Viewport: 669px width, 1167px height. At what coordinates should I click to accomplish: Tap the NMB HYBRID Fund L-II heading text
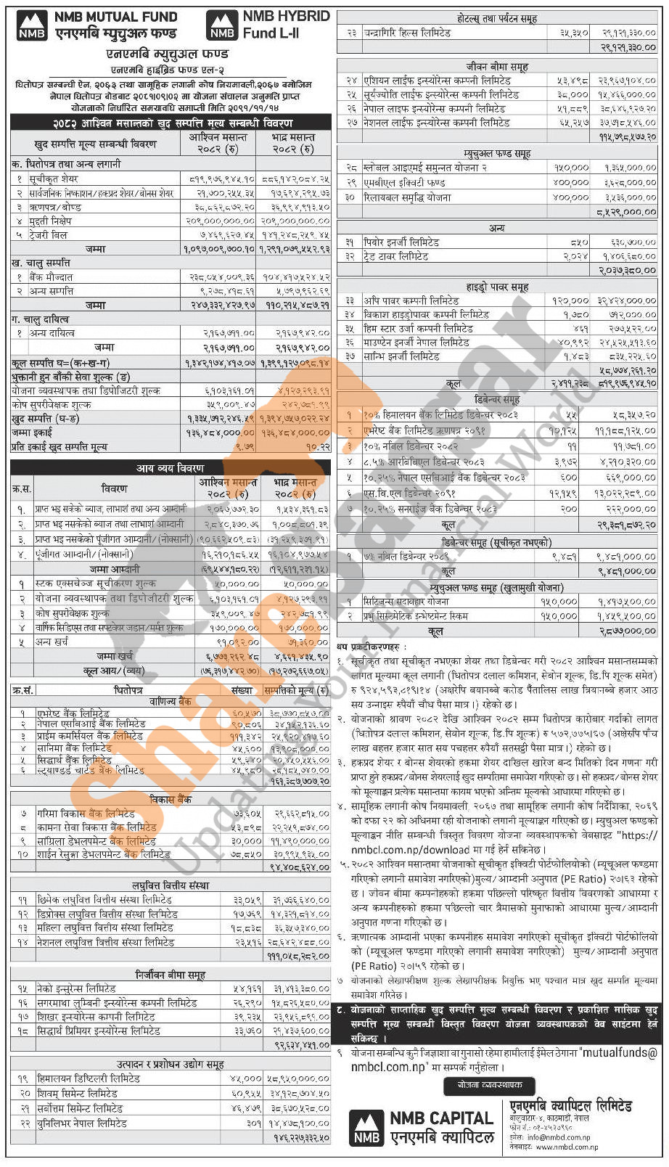click(286, 24)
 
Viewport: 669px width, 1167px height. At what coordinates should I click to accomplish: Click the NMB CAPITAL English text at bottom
click(441, 1118)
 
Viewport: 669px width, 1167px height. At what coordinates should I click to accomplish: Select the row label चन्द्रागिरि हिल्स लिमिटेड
click(409, 33)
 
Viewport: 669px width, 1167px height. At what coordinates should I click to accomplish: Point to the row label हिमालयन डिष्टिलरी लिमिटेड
click(88, 1078)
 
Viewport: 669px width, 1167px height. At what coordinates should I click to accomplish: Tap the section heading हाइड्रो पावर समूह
click(497, 287)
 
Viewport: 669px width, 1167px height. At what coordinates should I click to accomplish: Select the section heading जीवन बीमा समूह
click(497, 67)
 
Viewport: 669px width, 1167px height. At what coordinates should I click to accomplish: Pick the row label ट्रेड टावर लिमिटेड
click(396, 256)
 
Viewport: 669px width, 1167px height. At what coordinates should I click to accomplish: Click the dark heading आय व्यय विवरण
click(171, 468)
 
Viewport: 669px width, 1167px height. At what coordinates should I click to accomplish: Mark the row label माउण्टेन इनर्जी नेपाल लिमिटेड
click(416, 343)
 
